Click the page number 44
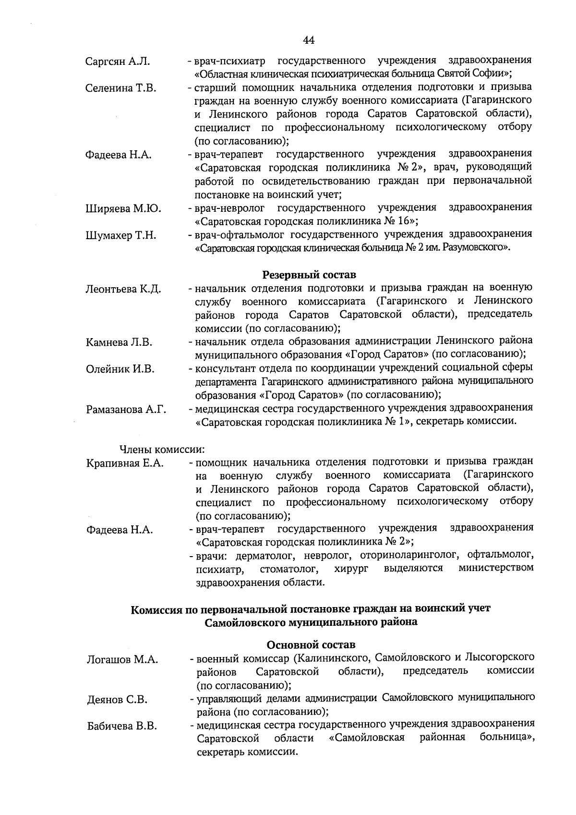coord(309,39)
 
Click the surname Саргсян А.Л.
coord(118,61)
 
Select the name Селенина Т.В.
coord(120,88)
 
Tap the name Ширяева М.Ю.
coord(123,209)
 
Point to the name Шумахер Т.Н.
coord(120,236)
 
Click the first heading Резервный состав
coord(309,275)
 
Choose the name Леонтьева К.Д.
coord(123,289)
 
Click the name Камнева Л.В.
coord(119,342)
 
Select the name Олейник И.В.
coord(120,369)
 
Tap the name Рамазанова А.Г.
coord(126,410)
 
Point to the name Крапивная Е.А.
coord(125,463)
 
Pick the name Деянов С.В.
coord(117,700)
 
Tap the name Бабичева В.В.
coord(121,727)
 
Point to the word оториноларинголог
coord(409,556)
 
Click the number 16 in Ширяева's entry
coord(407,221)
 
